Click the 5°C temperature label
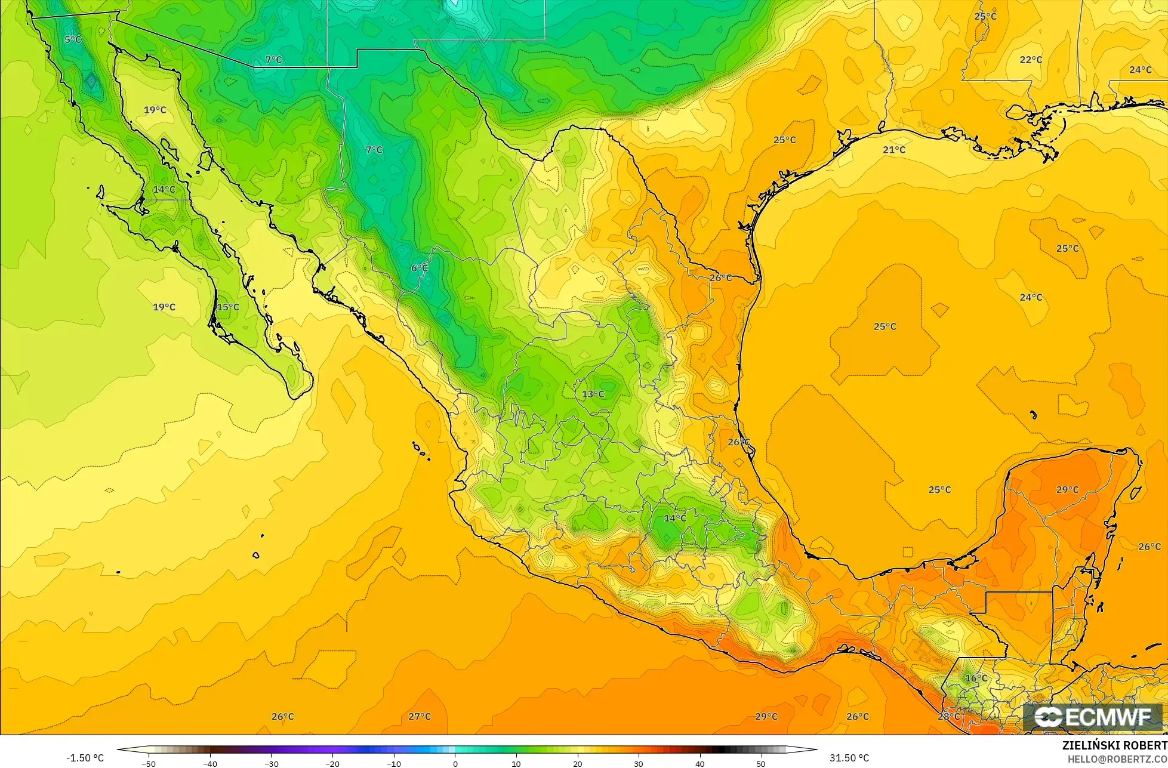[x=73, y=39]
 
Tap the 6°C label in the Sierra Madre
[x=420, y=268]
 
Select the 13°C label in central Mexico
[x=593, y=394]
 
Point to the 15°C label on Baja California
[x=227, y=307]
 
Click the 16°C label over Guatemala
[x=976, y=678]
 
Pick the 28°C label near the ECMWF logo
[x=949, y=716]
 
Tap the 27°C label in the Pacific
[x=420, y=716]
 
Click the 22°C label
[x=1031, y=60]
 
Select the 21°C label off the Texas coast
[x=894, y=149]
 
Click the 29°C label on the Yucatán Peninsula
[x=1067, y=489]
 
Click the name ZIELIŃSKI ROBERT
[x=1114, y=745]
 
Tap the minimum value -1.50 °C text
[x=85, y=758]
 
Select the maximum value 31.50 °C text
[x=849, y=758]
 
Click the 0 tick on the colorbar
[x=455, y=763]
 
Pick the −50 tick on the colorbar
[x=149, y=763]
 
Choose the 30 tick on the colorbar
[x=639, y=763]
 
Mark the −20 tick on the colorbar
[x=332, y=763]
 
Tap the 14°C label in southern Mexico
[x=675, y=518]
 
